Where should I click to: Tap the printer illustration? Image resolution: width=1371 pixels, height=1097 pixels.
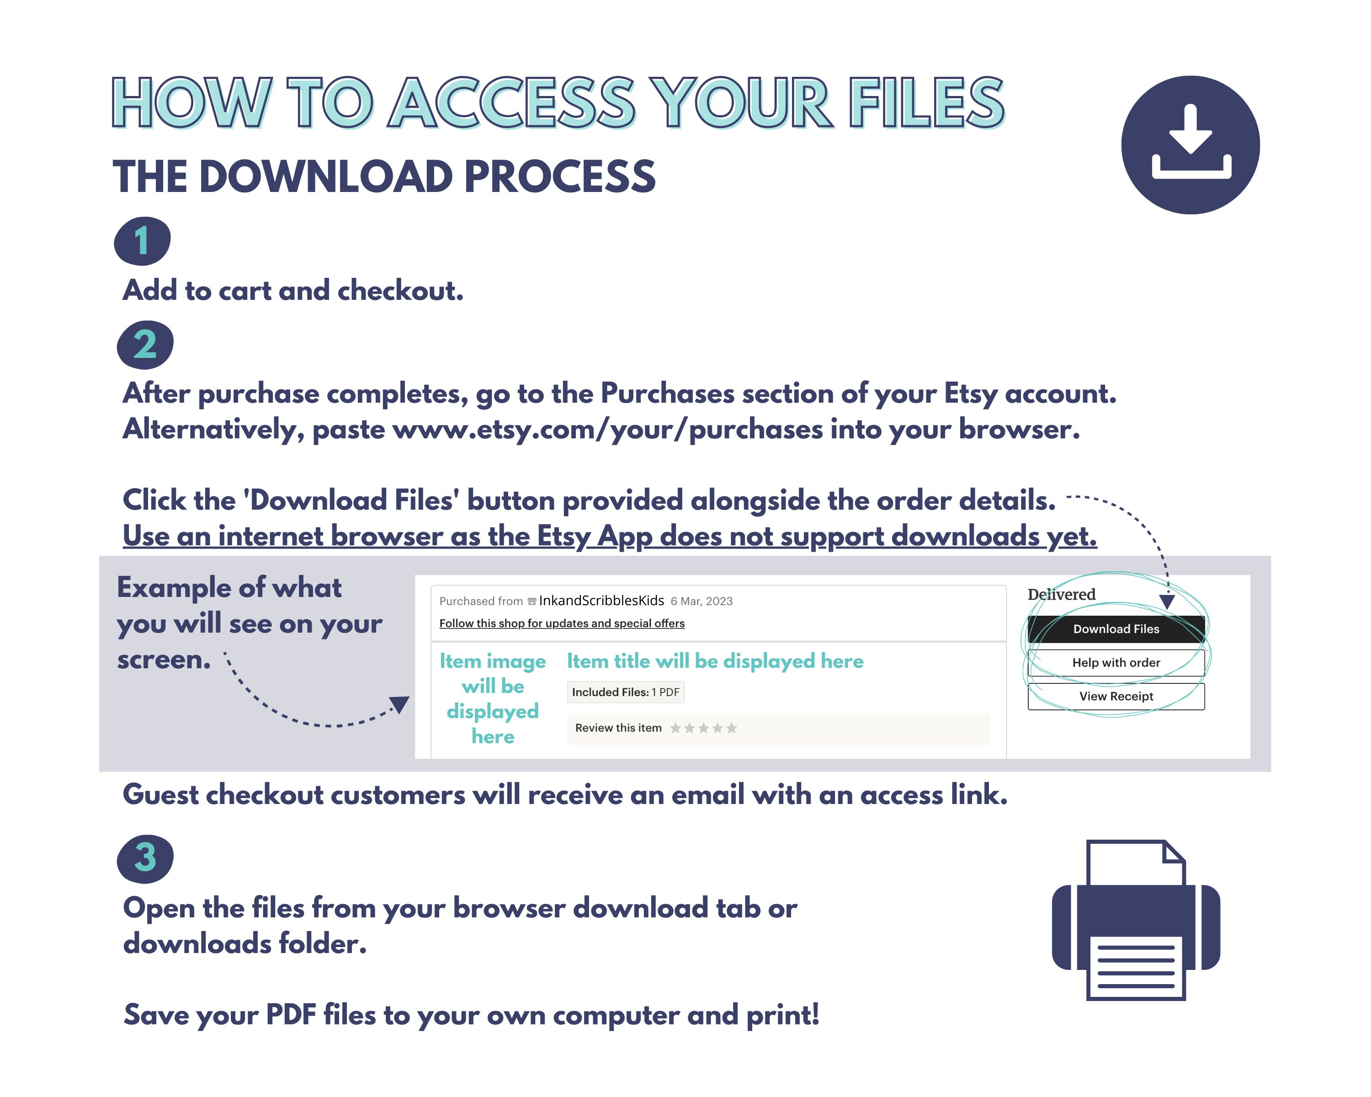(1136, 920)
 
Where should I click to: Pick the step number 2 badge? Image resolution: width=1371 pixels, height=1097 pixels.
(145, 345)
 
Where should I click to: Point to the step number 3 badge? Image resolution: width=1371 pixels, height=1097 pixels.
(145, 858)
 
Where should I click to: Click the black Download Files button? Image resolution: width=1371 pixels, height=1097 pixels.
(1116, 629)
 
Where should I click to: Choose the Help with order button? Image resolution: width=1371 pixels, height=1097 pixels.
(1116, 663)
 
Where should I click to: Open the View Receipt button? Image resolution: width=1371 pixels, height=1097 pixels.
(1116, 696)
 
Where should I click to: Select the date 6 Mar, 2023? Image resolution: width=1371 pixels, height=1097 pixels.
(701, 601)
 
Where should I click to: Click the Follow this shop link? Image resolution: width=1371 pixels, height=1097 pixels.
(562, 623)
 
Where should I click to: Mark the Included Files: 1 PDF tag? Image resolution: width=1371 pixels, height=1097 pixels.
(626, 692)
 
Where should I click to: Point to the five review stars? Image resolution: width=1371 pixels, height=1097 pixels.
(703, 728)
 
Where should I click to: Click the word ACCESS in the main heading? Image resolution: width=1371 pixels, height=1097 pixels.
(513, 102)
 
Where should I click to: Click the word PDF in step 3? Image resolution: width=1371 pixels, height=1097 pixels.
(291, 1014)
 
